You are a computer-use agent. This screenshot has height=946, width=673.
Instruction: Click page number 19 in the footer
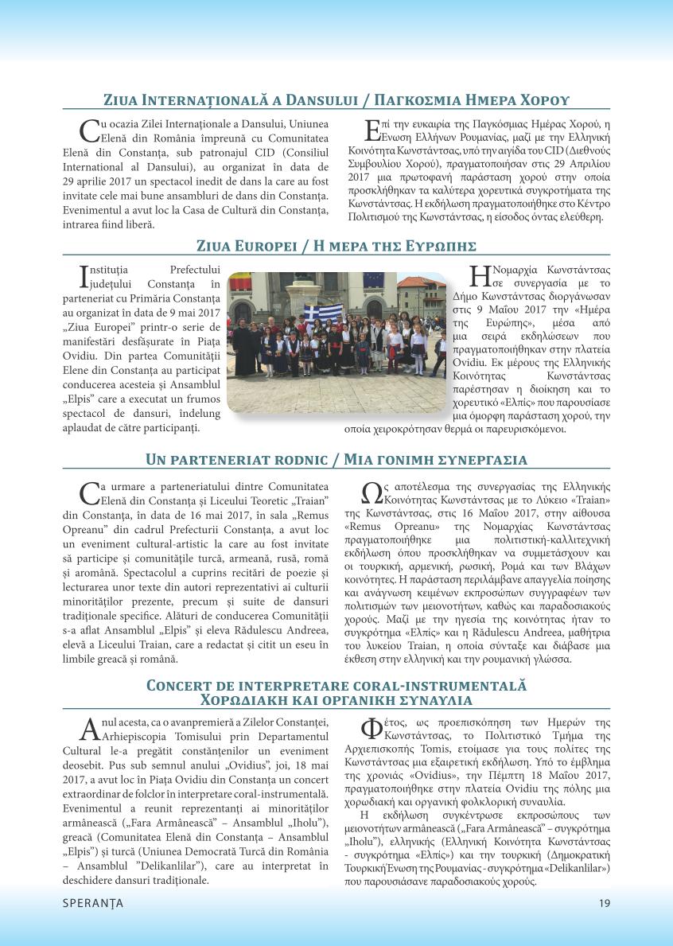point(605,903)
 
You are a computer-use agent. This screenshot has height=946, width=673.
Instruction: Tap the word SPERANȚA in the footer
point(93,903)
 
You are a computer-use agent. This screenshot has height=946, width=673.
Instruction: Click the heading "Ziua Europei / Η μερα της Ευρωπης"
point(336,244)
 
